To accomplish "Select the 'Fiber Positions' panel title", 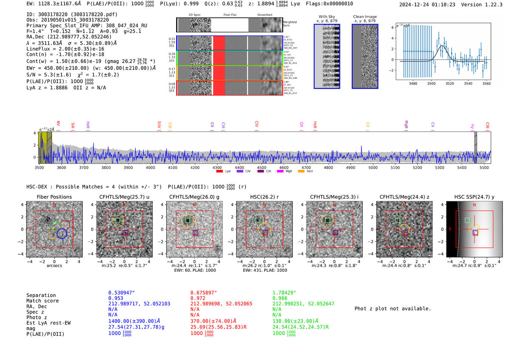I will tap(54, 197).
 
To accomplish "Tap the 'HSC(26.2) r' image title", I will tap(264, 197).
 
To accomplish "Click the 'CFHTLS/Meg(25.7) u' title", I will tap(124, 197).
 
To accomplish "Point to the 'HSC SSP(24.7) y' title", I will tap(474, 197).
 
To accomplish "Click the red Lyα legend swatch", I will tap(220, 172).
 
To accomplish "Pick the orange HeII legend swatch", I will tap(301, 172).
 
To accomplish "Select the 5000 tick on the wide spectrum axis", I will tap(373, 167).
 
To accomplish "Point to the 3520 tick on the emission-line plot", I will tap(450, 83).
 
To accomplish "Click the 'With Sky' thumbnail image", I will tap(327, 56).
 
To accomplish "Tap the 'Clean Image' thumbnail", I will tap(365, 56).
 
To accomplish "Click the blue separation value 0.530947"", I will tap(121, 293).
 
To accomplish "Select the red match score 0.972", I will tap(198, 298).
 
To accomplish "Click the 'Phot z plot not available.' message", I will tap(393, 309).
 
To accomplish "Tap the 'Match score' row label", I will tap(42, 301).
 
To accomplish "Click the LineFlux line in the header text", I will tap(65, 49).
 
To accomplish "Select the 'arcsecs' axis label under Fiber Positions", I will tap(54, 266).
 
